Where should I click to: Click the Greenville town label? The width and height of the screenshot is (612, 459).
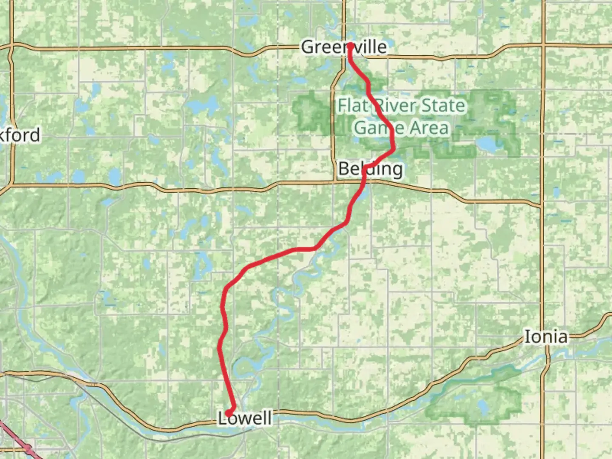pyautogui.click(x=344, y=47)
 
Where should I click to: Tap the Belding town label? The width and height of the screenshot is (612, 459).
pyautogui.click(x=370, y=169)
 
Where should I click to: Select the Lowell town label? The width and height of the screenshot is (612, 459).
pyautogui.click(x=245, y=418)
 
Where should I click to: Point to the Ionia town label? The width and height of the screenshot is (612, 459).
pyautogui.click(x=546, y=337)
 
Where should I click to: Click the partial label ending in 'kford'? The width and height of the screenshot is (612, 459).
pyautogui.click(x=20, y=135)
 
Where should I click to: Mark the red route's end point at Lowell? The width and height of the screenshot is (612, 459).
pyautogui.click(x=228, y=413)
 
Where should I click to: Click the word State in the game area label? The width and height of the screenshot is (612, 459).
pyautogui.click(x=442, y=105)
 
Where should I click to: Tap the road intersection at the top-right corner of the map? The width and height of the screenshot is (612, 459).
pyautogui.click(x=543, y=44)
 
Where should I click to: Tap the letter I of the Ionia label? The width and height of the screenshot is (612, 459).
pyautogui.click(x=527, y=337)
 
